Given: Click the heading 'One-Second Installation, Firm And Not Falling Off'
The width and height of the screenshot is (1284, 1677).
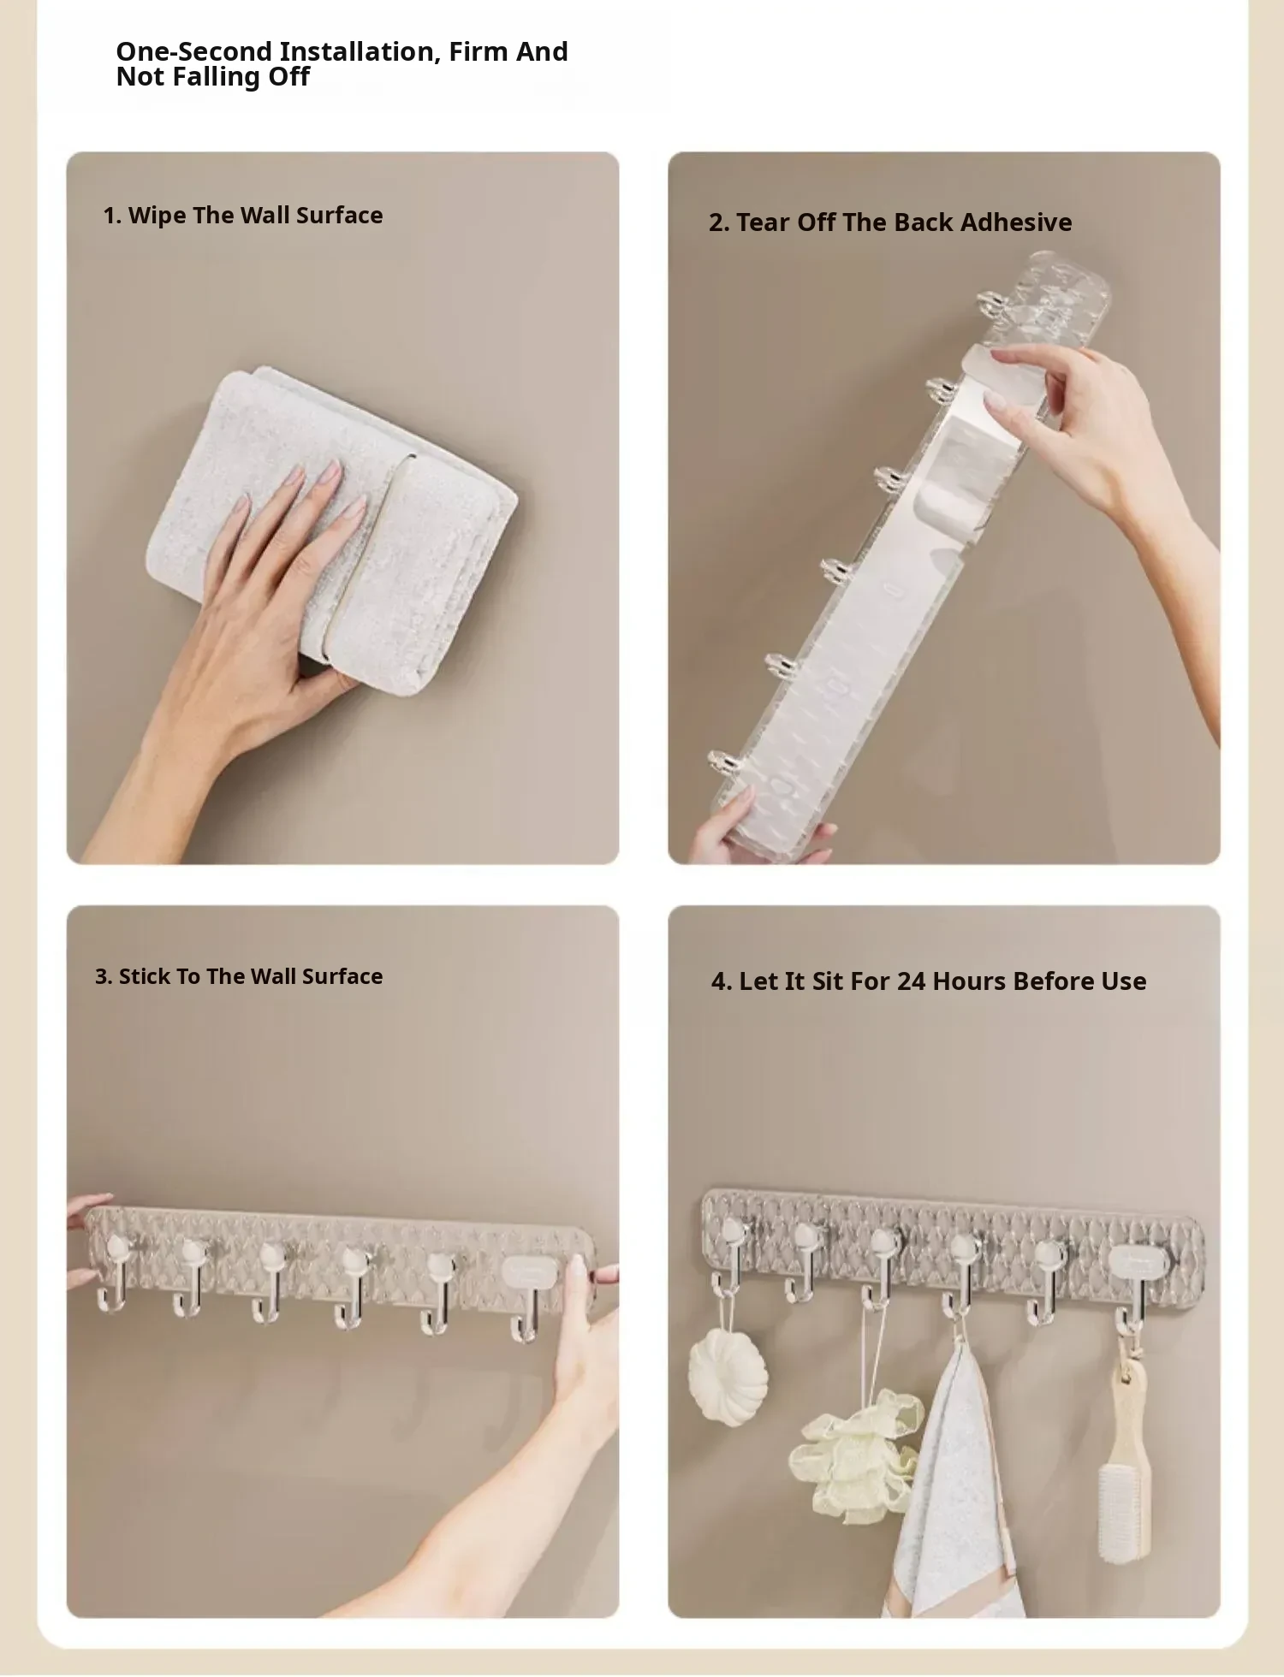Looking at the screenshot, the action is pyautogui.click(x=342, y=64).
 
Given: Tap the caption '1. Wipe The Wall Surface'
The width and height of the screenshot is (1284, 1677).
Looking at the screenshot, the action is pyautogui.click(x=243, y=216).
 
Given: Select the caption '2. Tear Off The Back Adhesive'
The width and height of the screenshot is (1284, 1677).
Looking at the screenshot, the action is pyautogui.click(x=890, y=222).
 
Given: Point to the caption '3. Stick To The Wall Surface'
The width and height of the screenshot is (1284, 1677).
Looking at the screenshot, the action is pyautogui.click(x=239, y=976).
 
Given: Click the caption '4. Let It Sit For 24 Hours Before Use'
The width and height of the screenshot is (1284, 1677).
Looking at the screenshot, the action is pyautogui.click(x=929, y=981).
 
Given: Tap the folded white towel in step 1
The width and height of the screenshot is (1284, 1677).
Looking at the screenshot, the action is pyautogui.click(x=342, y=522).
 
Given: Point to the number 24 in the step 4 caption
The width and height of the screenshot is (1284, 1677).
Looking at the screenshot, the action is pyautogui.click(x=911, y=981).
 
